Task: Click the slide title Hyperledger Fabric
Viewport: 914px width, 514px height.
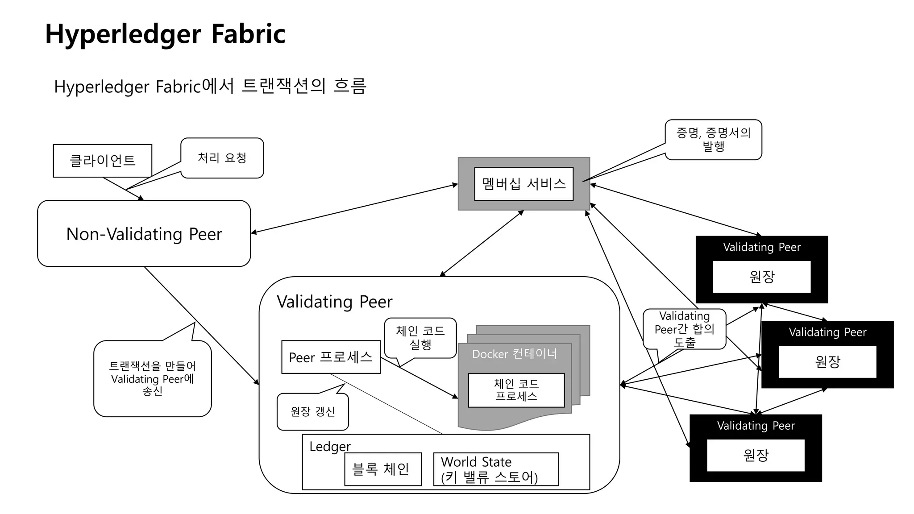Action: (x=165, y=34)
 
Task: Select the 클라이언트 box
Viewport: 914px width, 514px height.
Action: (x=103, y=161)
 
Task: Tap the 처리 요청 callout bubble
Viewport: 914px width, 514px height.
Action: (x=222, y=158)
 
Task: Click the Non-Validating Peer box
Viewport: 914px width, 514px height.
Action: (x=144, y=234)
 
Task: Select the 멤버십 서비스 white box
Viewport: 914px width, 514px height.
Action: (x=523, y=184)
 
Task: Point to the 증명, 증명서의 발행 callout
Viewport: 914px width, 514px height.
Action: (x=713, y=139)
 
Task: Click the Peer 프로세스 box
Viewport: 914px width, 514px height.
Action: (x=331, y=357)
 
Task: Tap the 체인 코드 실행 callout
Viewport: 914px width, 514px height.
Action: (x=420, y=338)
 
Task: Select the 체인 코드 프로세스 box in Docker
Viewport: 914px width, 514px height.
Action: (x=516, y=390)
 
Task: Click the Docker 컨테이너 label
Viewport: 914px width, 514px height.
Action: (x=514, y=354)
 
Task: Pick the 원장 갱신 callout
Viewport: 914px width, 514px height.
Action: (x=312, y=411)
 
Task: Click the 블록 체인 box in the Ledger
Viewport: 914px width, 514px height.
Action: (x=382, y=469)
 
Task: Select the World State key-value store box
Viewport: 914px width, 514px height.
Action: (x=495, y=469)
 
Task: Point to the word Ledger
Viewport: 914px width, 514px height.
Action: (x=330, y=447)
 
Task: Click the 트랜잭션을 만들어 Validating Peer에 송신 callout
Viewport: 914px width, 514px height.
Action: (x=152, y=378)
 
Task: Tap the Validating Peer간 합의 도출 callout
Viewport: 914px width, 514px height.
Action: (x=684, y=329)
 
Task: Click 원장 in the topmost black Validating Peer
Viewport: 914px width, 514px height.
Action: (x=761, y=277)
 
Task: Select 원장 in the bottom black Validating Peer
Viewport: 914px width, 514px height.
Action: (x=756, y=455)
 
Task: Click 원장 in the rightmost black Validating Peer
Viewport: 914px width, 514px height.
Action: (x=827, y=361)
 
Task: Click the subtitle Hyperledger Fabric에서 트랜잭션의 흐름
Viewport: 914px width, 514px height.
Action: (x=210, y=86)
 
